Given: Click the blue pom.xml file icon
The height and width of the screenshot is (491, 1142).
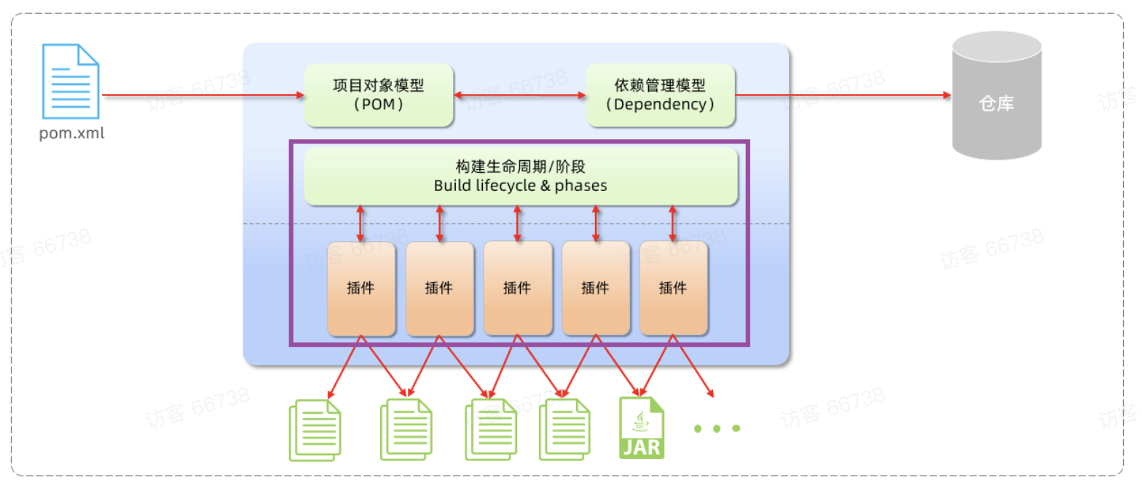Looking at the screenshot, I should point(71,81).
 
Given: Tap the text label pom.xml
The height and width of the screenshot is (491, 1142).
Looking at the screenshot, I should point(72,134).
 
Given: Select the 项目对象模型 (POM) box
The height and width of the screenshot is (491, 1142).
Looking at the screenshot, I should point(379,95).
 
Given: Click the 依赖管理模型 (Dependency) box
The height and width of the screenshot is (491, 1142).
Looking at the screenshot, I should point(661,95).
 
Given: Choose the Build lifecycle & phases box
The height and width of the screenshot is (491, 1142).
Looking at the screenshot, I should point(521,176).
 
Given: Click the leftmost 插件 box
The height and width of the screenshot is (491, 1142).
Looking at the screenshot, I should point(361,288).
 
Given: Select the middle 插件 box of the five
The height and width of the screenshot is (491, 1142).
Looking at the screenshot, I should point(517,288).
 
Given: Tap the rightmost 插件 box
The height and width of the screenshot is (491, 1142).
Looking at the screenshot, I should point(673,288).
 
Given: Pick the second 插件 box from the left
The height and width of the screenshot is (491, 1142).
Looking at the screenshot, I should point(439,288).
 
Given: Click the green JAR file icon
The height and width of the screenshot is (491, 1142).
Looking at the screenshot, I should point(642,428).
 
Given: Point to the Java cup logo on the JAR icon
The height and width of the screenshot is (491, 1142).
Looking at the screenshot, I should point(641,419).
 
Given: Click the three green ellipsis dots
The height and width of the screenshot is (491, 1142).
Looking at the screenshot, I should point(717,428).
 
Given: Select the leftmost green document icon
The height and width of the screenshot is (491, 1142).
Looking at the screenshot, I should point(315,431).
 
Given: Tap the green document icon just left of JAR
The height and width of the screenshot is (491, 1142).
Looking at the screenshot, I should point(564,431).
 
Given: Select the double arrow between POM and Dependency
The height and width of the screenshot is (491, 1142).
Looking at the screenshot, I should point(520,95).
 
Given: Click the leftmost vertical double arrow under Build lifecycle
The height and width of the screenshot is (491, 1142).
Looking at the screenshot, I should point(360,224).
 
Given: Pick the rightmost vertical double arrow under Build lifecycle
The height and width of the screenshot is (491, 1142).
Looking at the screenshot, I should point(672,224).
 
